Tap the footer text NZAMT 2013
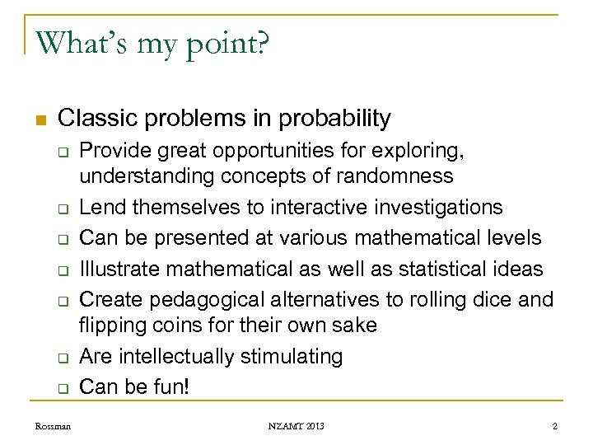296,425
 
